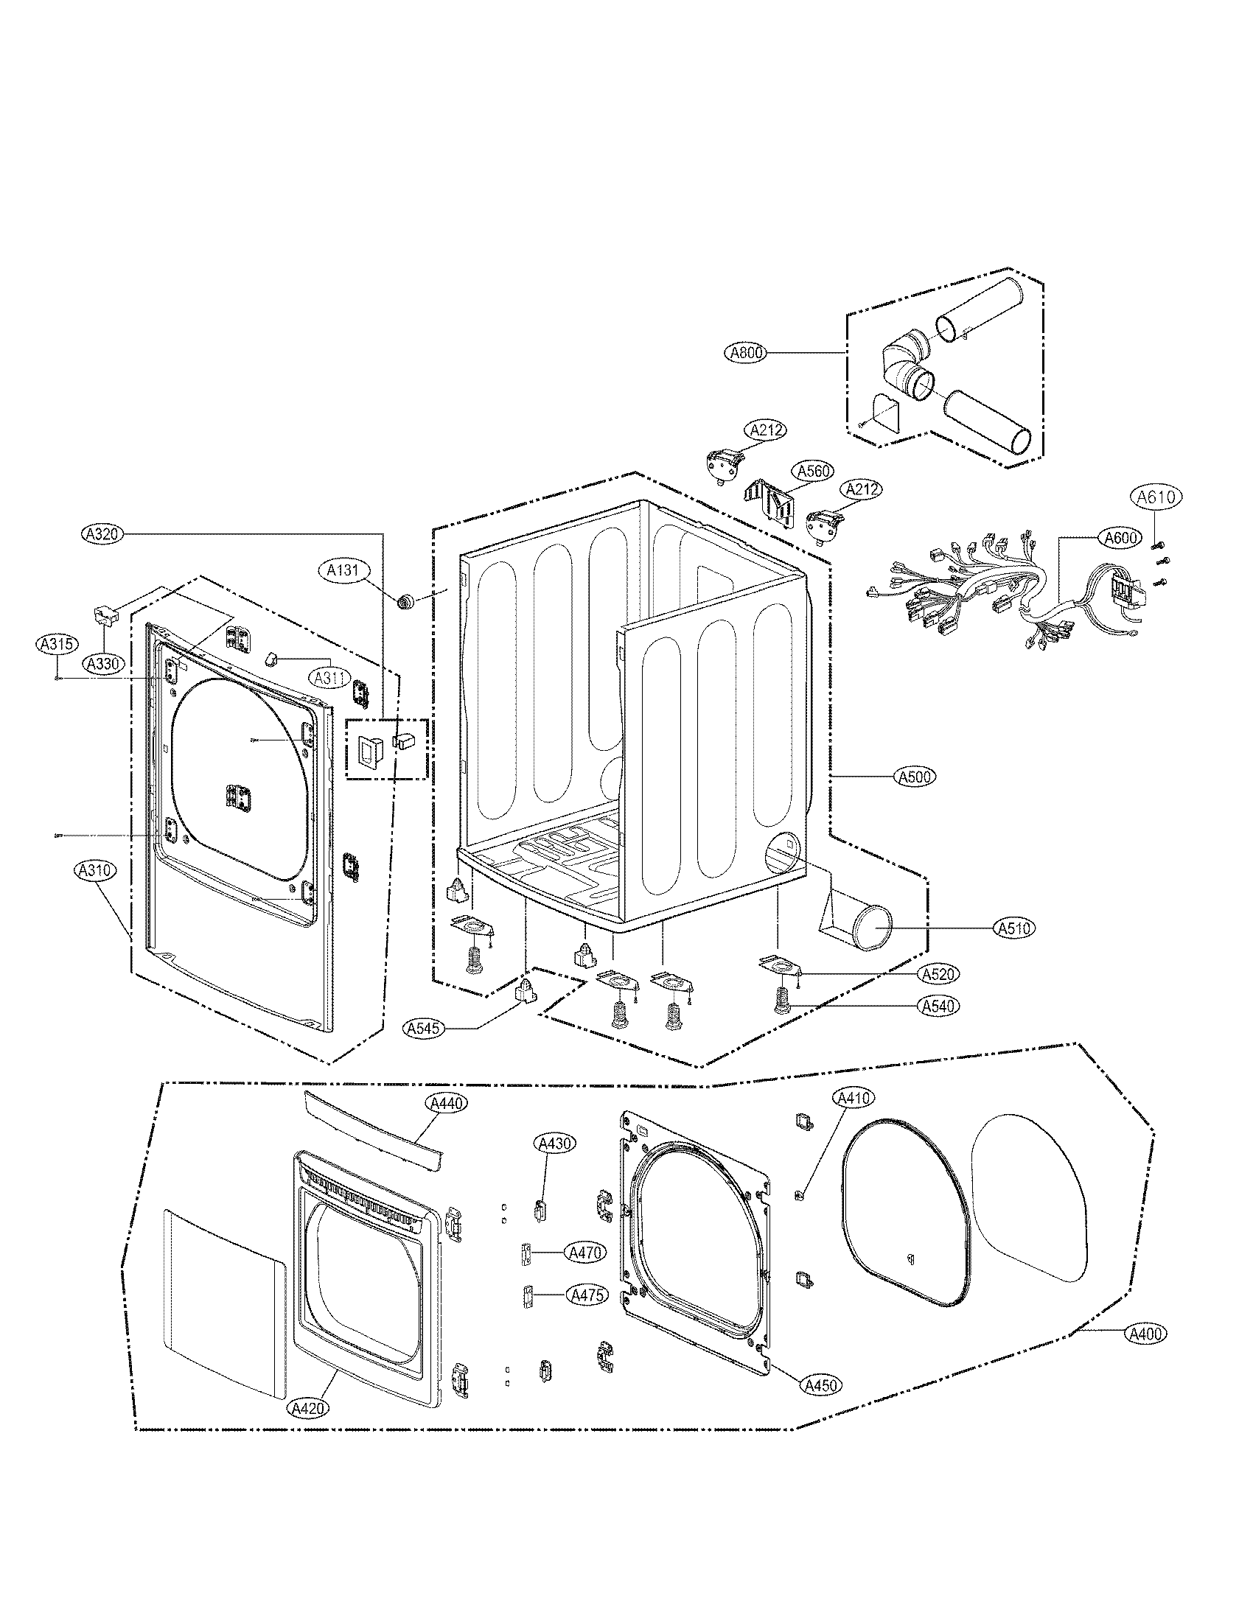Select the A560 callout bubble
tap(813, 471)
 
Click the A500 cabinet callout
tap(915, 777)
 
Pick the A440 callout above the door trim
tap(447, 1124)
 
